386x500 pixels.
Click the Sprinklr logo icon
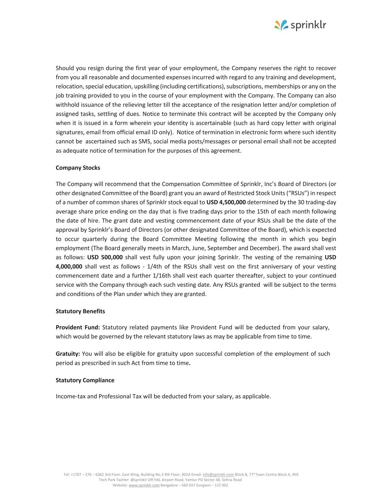point(281,25)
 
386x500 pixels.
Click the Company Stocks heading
point(78,168)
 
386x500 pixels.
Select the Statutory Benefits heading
point(80,311)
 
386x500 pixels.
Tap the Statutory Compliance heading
point(85,380)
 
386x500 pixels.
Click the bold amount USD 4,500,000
point(226,202)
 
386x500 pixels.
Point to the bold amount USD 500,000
point(105,257)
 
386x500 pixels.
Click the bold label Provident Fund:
point(78,327)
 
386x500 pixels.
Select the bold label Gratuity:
point(68,354)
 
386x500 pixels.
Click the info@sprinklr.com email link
point(218,474)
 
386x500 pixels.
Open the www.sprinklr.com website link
point(144,485)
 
